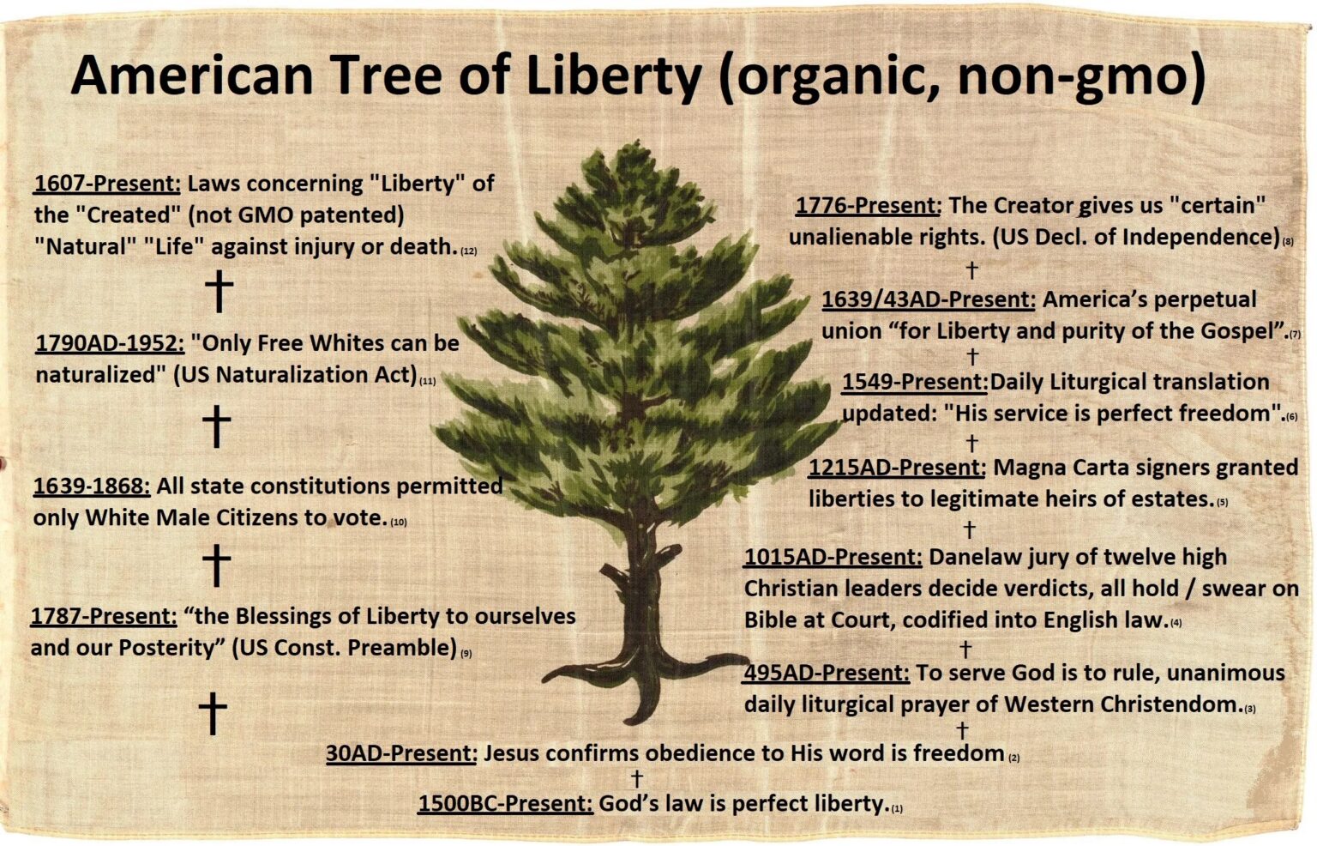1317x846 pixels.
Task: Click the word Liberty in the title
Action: click(613, 76)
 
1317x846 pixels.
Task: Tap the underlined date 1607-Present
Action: click(107, 184)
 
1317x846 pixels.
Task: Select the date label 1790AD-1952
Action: click(110, 343)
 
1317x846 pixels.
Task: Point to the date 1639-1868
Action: click(92, 486)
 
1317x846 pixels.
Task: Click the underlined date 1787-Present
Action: click(104, 616)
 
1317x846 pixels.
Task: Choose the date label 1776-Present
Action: click(868, 206)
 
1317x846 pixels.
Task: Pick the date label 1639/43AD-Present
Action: click(929, 299)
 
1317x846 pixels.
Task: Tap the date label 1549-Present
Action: click(915, 382)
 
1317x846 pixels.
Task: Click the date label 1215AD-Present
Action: click(897, 468)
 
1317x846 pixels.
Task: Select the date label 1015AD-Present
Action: click(833, 557)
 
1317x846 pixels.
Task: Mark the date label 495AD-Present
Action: click(827, 673)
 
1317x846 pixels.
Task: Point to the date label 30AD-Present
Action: click(401, 753)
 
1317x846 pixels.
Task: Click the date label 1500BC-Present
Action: click(505, 804)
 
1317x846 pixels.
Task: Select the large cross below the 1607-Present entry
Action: click(219, 292)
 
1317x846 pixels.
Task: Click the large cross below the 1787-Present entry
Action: click(213, 713)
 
